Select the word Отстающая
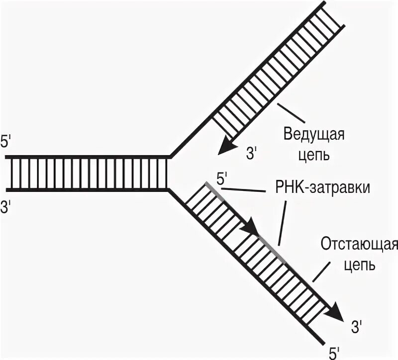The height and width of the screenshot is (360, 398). coord(358,245)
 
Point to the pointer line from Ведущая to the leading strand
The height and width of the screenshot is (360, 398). coord(291,113)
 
